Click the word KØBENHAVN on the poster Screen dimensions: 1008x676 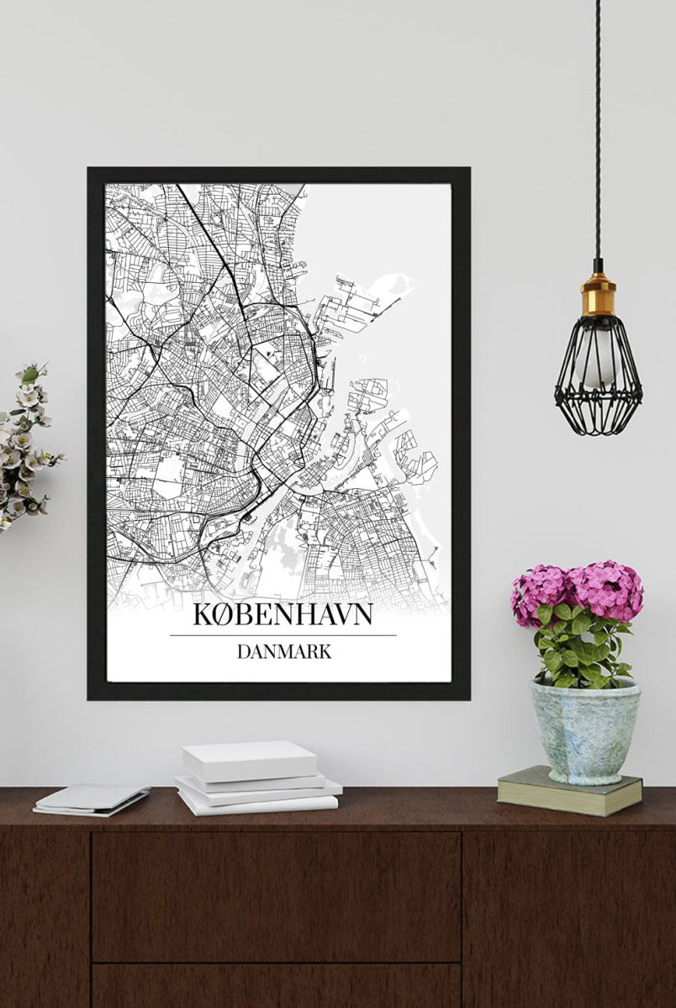[x=283, y=614]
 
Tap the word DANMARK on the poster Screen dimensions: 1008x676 [x=283, y=651]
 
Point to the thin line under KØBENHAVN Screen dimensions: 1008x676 [x=283, y=635]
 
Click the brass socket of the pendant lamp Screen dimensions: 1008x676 [x=598, y=294]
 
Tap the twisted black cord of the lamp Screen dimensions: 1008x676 [x=598, y=126]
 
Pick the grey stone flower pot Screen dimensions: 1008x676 [x=584, y=731]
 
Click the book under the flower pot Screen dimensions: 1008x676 [x=569, y=791]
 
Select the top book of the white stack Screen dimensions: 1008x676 [x=250, y=759]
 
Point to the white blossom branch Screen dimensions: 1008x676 [x=25, y=445]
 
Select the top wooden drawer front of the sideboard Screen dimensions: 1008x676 [x=276, y=895]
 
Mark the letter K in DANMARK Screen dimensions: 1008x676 [x=324, y=651]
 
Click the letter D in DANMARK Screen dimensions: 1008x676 [x=243, y=651]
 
